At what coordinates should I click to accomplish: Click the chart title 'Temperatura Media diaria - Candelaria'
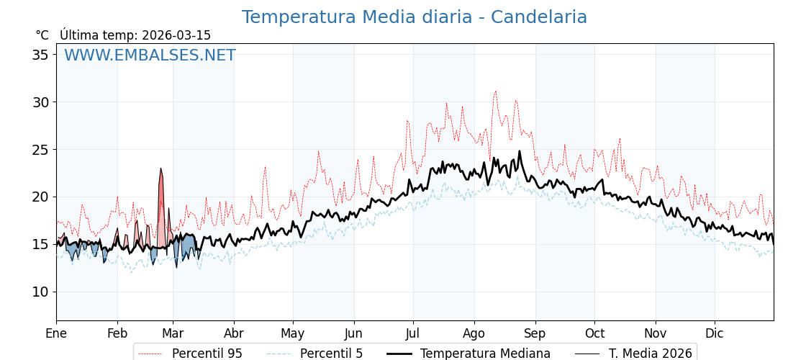coord(414,17)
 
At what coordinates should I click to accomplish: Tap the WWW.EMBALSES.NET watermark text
coord(150,55)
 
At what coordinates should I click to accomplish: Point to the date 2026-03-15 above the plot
coord(176,35)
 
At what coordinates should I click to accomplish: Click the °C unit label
coord(42,35)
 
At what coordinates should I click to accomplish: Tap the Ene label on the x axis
coord(56,333)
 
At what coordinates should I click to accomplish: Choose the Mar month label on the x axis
coord(173,333)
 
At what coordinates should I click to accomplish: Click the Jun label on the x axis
coord(353,333)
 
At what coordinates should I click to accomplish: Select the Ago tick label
coord(474,333)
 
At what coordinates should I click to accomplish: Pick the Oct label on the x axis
coord(594,333)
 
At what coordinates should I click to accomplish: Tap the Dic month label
coord(715,333)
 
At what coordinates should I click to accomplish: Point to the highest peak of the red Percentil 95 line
coord(495,91)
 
